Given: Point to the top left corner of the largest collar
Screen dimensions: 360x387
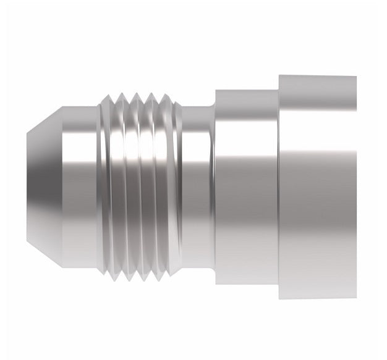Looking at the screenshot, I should [x=279, y=76].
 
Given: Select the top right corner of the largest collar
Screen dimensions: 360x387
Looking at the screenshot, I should [x=355, y=77].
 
